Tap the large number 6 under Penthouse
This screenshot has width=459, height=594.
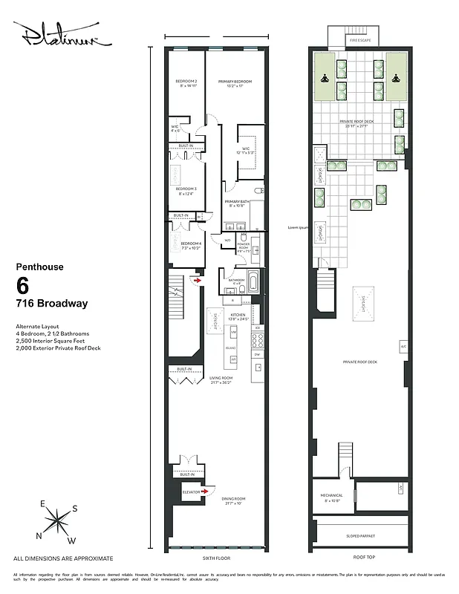(x=23, y=285)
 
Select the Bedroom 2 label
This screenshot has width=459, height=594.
(x=186, y=82)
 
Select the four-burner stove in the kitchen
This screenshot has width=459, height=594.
(x=258, y=340)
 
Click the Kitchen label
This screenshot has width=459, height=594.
(x=238, y=316)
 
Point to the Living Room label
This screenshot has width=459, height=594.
(x=220, y=379)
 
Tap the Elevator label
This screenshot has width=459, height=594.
(x=192, y=492)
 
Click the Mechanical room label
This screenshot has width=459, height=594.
(x=332, y=497)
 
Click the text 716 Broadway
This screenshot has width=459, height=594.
(x=51, y=304)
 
